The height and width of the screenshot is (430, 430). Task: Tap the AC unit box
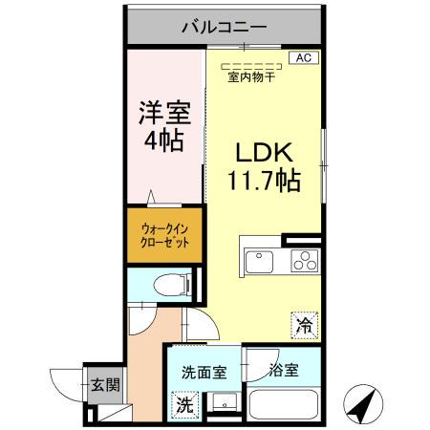304,58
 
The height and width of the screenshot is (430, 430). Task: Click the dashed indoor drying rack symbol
251,67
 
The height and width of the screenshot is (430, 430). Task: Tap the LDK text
265,153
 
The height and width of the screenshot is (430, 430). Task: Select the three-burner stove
305,261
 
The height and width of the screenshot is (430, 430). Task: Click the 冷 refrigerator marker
304,326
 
